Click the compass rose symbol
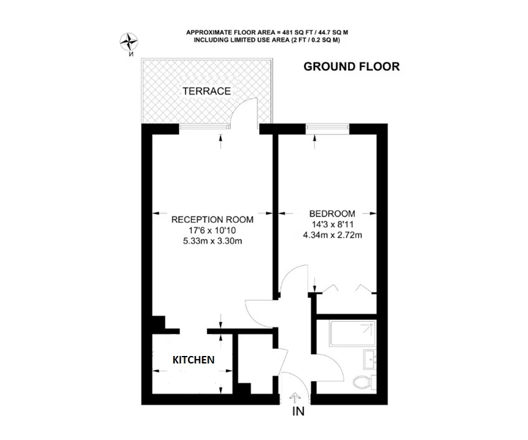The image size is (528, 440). tap(130, 42)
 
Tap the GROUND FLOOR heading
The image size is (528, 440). tap(351, 67)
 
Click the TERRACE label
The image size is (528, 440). tap(207, 91)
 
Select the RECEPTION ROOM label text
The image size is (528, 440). tap(212, 219)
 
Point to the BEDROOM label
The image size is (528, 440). tap(332, 213)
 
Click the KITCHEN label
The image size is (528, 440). tap(194, 360)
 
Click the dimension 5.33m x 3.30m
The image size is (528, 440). tap(212, 241)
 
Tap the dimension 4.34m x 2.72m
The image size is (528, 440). tap(332, 235)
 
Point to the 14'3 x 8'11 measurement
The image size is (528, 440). tap(332, 224)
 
